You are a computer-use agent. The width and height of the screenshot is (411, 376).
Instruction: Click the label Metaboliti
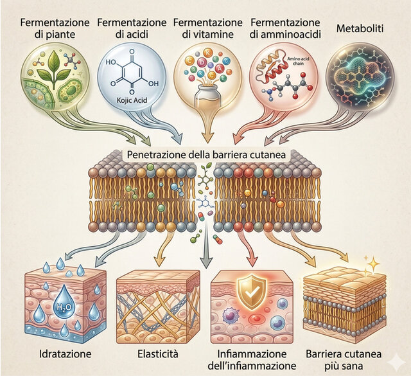click(x=360, y=28)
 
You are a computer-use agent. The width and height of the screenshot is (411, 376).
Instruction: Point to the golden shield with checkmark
click(x=251, y=292)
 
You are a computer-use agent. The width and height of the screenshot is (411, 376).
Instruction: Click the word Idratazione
click(x=66, y=354)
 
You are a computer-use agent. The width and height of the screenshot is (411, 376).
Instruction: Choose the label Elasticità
click(x=158, y=354)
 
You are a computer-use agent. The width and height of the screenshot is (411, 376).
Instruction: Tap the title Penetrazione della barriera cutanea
click(x=206, y=154)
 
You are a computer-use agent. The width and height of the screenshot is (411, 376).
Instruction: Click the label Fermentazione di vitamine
click(x=207, y=28)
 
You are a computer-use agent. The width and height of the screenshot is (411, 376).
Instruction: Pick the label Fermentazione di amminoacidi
click(x=285, y=28)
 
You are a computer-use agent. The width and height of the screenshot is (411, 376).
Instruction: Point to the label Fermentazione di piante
click(x=55, y=28)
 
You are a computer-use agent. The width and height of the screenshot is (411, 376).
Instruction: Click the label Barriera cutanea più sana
click(x=344, y=360)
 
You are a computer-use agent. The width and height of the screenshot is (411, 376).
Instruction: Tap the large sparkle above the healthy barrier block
click(x=374, y=262)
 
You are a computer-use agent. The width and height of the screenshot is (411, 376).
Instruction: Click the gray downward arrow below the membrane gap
click(x=206, y=247)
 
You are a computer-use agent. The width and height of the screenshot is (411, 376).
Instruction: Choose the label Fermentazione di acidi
click(x=132, y=28)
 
